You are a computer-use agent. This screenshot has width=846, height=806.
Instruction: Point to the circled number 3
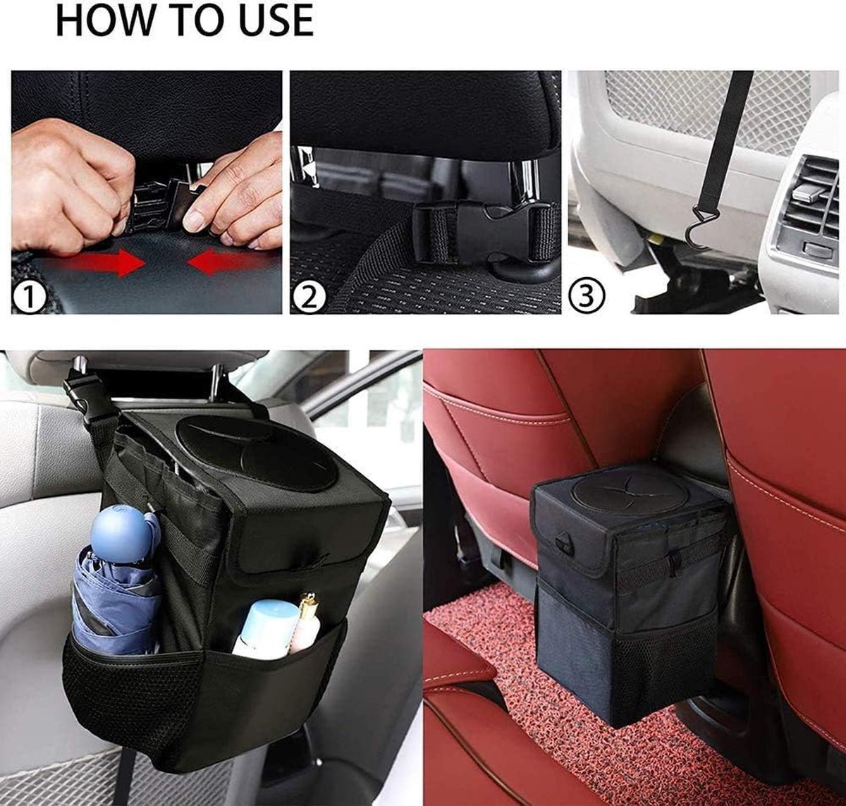coord(587,295)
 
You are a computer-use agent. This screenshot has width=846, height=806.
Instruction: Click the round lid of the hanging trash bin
coord(256,453)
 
